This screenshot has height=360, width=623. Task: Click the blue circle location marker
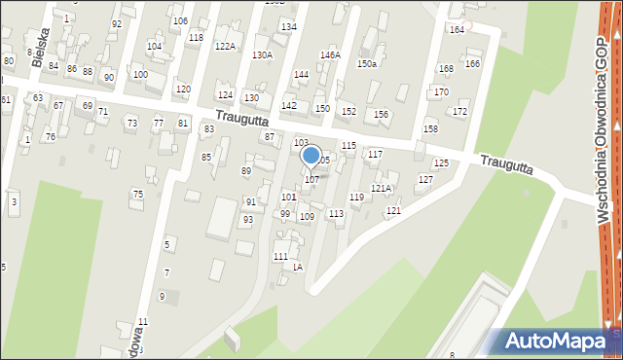311,155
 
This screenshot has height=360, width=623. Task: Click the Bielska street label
38,48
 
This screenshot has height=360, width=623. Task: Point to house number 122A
225,46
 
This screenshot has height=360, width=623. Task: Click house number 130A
262,54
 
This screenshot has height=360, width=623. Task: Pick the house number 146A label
330,55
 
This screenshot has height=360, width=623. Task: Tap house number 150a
366,63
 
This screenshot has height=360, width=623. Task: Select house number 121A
382,189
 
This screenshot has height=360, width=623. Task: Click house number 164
457,30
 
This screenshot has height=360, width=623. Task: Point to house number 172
459,112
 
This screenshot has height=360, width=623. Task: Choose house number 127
425,180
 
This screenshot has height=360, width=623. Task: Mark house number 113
336,213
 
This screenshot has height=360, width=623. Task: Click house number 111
280,256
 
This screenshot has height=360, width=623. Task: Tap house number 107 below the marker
311,180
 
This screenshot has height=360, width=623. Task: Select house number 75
137,195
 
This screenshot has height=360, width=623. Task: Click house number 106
179,20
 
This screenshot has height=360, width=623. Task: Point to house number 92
117,23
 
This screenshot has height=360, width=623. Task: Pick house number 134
288,26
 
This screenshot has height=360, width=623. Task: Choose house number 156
381,115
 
